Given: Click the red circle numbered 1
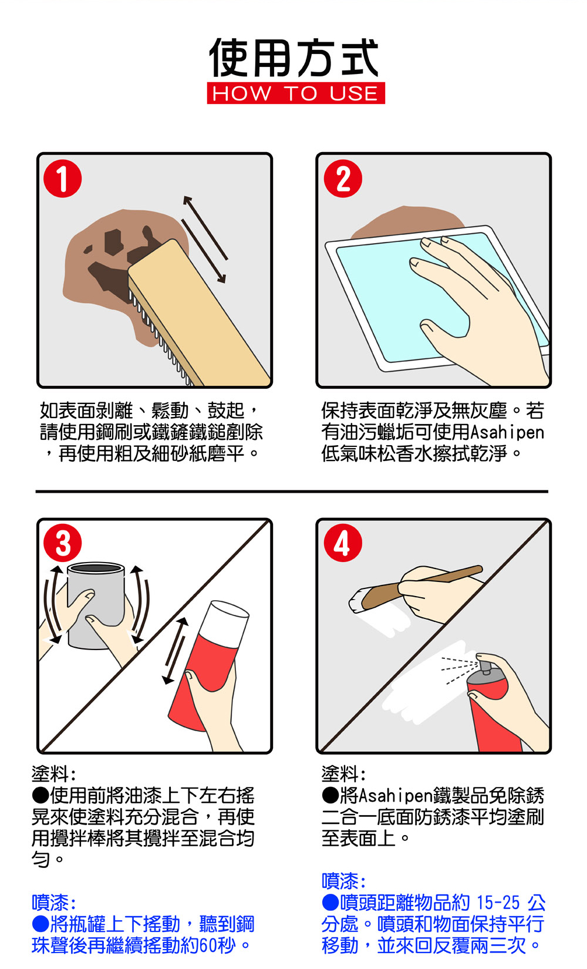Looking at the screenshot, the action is [63, 179].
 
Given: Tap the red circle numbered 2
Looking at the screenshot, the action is [343, 179].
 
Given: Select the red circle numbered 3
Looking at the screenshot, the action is [63, 543].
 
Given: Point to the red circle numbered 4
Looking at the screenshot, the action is [343, 543].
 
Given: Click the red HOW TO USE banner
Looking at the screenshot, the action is [296, 93].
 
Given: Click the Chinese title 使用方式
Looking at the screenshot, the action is [294, 57].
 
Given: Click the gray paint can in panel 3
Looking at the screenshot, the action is [96, 605].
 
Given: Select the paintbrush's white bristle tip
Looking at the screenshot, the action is [357, 600].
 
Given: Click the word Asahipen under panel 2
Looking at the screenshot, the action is [507, 432].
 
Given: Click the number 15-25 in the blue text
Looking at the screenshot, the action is [498, 903].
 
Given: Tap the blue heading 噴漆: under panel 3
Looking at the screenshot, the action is [53, 903].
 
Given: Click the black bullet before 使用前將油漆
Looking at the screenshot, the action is [41, 795].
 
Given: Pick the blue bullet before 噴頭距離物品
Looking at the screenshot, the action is [330, 903].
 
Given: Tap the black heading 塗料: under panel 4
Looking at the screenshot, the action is [343, 774].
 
